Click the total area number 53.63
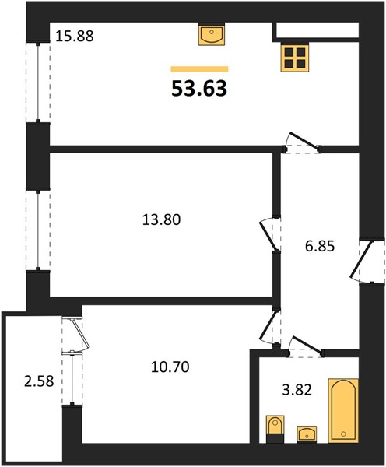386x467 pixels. (x=199, y=89)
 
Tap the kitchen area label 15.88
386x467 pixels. (x=75, y=37)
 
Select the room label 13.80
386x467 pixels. (x=161, y=220)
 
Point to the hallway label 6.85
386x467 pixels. (x=320, y=246)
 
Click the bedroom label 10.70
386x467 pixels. (x=170, y=367)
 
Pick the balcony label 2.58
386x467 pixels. (x=39, y=381)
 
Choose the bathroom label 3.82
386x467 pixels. (x=297, y=390)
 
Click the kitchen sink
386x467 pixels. (x=212, y=34)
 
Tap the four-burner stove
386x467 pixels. (x=295, y=58)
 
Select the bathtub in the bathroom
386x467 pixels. (x=343, y=411)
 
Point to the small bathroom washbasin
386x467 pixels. (x=307, y=434)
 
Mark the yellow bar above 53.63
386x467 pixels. (x=199, y=69)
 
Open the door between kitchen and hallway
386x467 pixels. (x=301, y=143)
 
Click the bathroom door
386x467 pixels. (x=305, y=346)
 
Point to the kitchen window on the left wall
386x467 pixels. (x=38, y=83)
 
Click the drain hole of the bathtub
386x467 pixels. (x=344, y=434)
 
